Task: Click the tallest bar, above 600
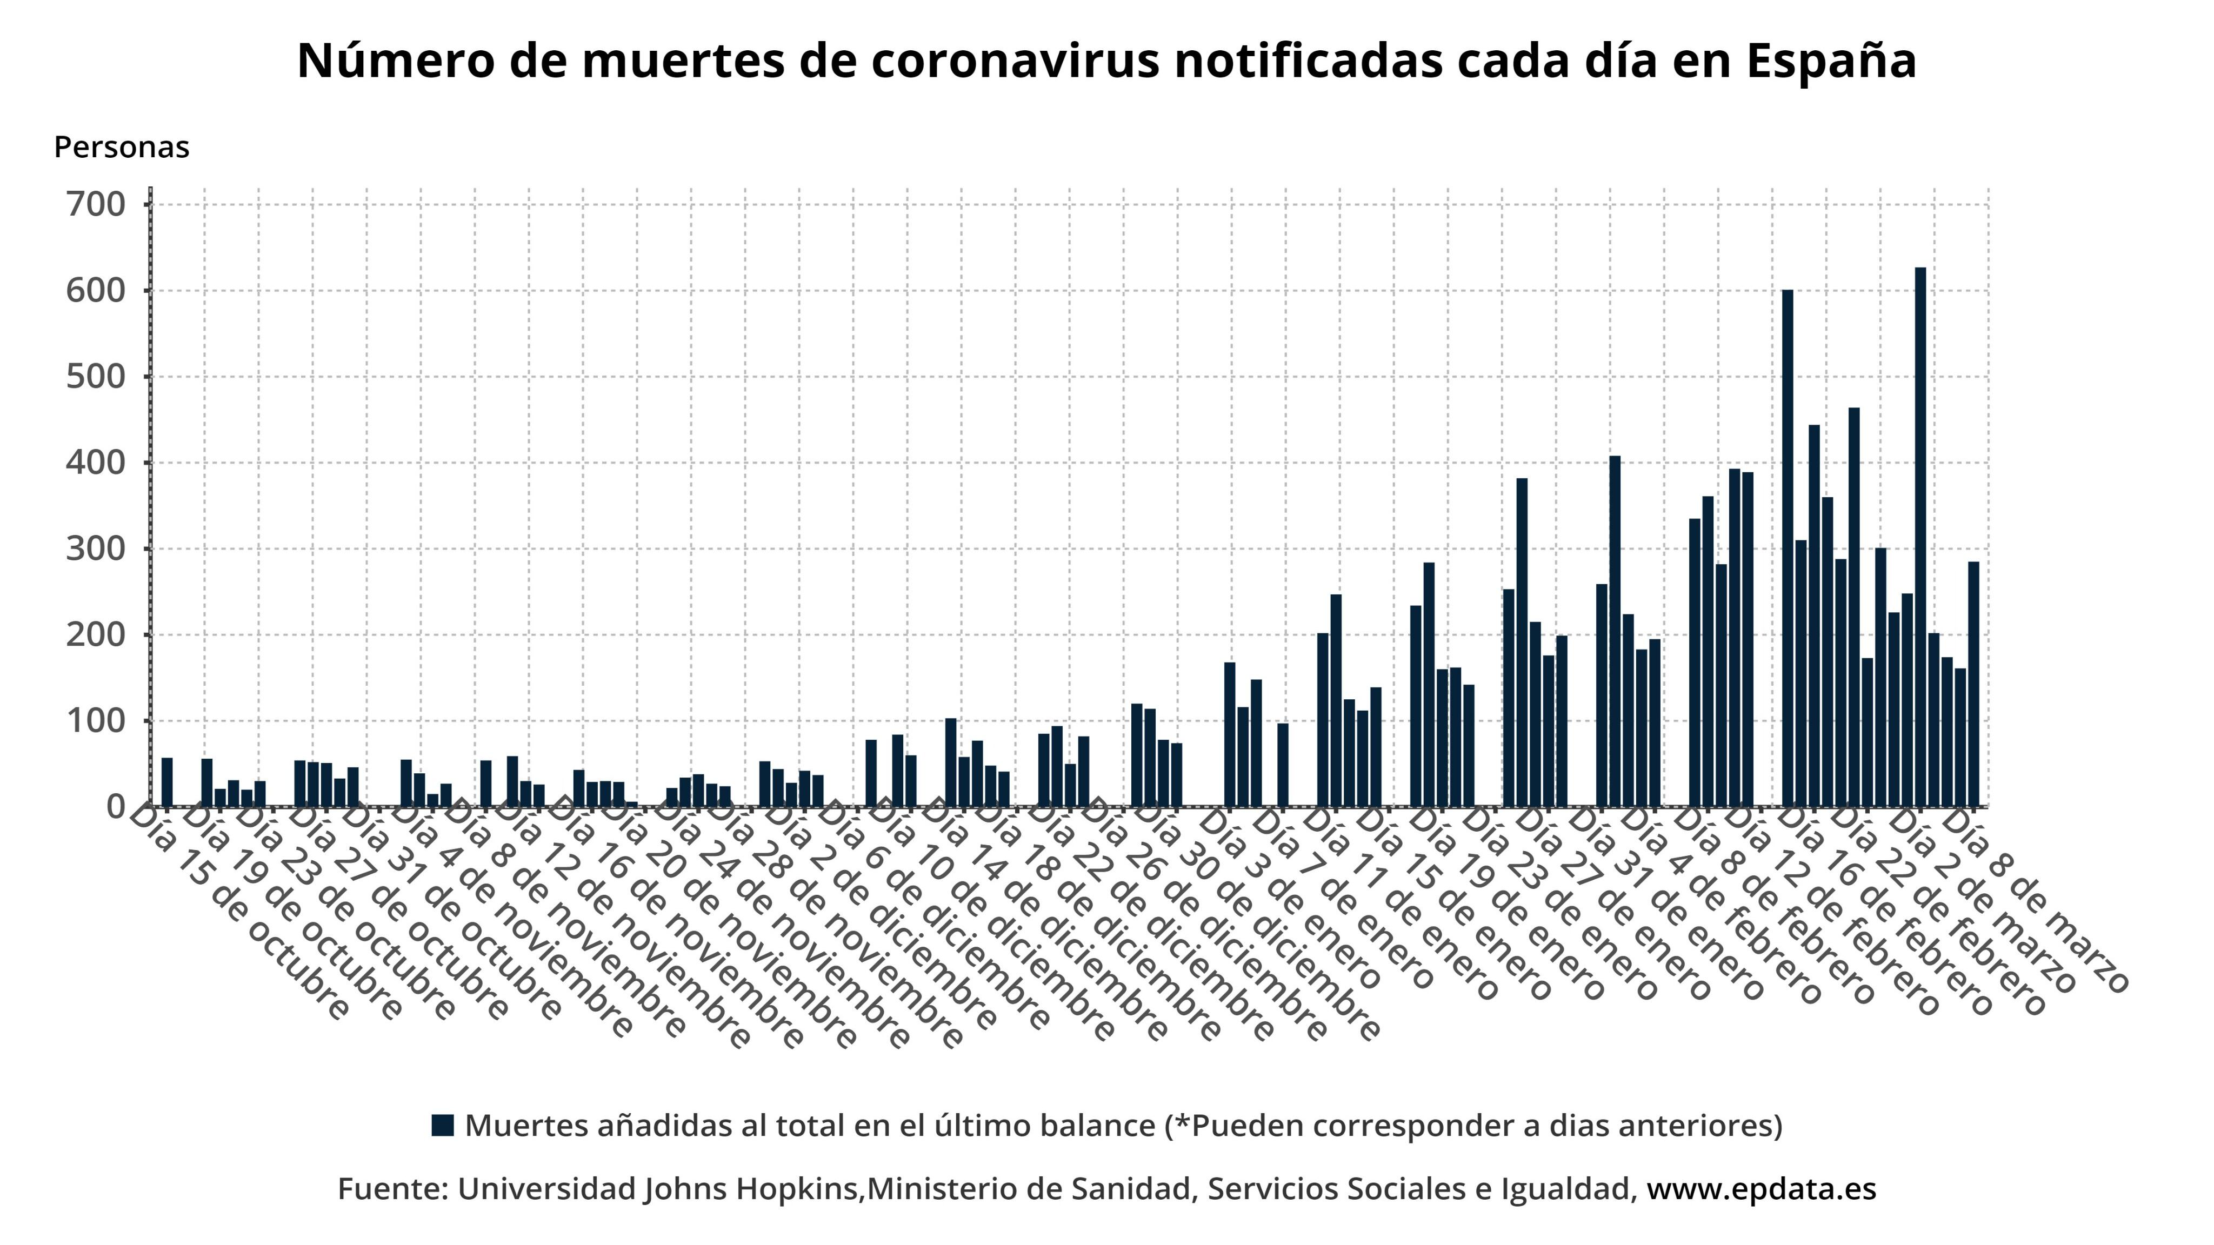click(1920, 537)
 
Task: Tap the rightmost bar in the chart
click(1973, 684)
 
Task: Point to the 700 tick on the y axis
click(95, 204)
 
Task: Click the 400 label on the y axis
click(95, 463)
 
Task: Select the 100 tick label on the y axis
click(95, 721)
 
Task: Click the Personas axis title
click(121, 147)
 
